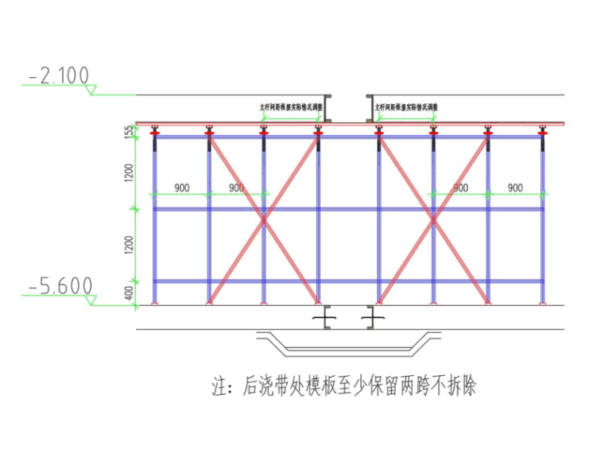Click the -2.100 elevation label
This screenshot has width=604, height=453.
[x=59, y=75]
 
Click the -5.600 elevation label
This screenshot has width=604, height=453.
[x=60, y=286]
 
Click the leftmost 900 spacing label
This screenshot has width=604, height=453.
[x=181, y=188]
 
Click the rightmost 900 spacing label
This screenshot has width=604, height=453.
[x=515, y=188]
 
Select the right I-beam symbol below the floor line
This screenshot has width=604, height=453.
[x=371, y=318]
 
